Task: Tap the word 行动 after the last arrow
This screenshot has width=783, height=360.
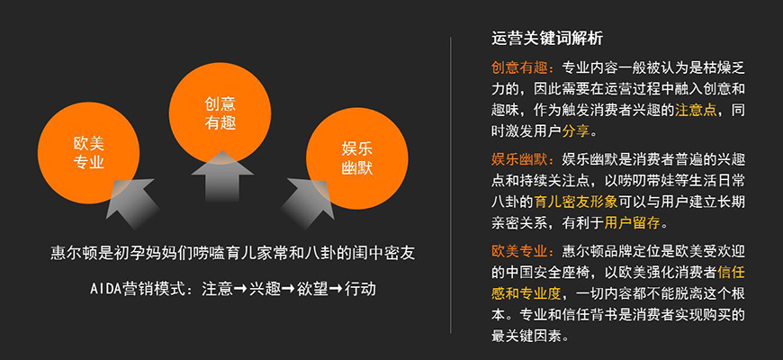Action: click(x=360, y=289)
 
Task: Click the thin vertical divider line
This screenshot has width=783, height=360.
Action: click(x=450, y=180)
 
